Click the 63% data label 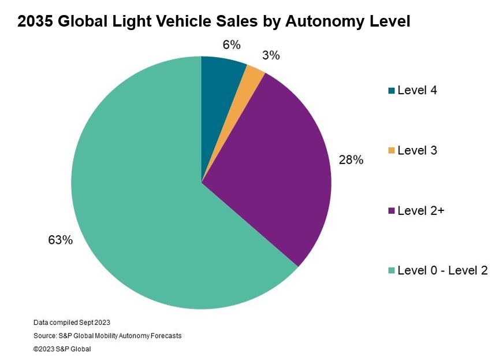pos(61,240)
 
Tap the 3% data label pos(270,55)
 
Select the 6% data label pos(231,45)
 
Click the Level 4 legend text pos(417,90)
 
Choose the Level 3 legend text pos(417,150)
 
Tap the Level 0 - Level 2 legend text pos(442,270)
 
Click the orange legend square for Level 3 pos(392,151)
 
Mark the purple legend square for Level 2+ pos(392,211)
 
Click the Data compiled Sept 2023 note pos(71,322)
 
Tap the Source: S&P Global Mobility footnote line pos(107,336)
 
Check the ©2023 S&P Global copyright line pos(62,349)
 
